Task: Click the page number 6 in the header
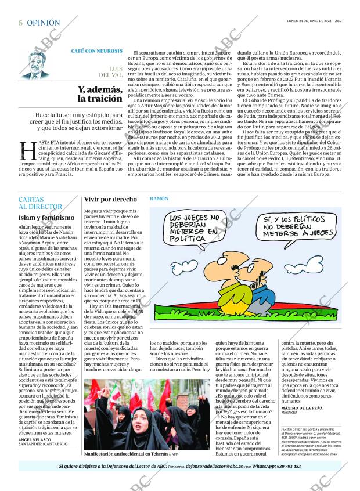pyautogui.click(x=20, y=23)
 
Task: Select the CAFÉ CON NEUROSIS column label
pyautogui.click(x=96, y=52)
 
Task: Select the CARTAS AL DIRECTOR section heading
pyautogui.click(x=39, y=203)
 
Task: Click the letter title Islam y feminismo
pyautogui.click(x=46, y=218)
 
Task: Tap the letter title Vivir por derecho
pyautogui.click(x=110, y=199)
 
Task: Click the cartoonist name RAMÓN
pyautogui.click(x=159, y=198)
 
